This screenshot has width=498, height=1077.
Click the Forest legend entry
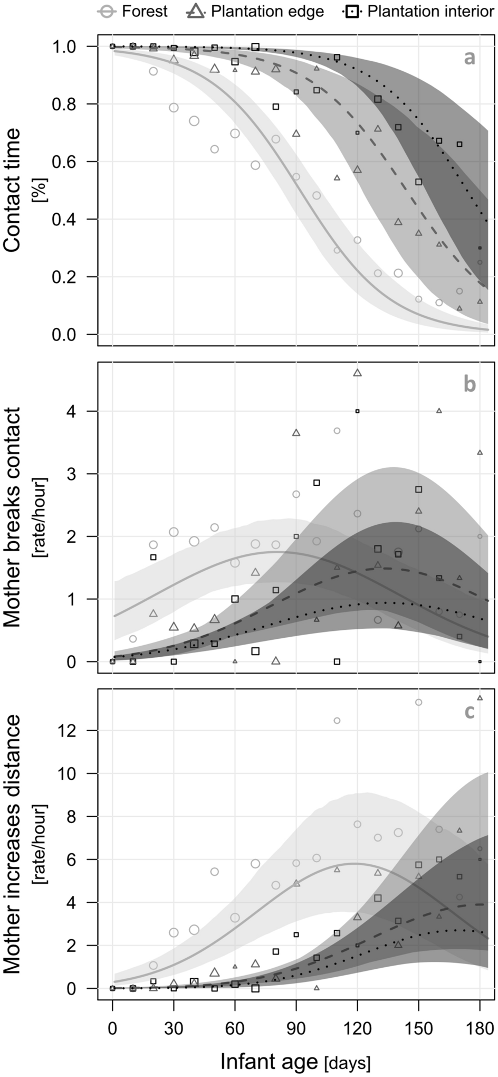pyautogui.click(x=133, y=12)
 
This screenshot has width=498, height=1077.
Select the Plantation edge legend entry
pyautogui.click(x=256, y=12)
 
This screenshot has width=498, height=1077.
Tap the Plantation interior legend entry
pyautogui.click(x=418, y=12)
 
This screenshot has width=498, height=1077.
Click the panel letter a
pyautogui.click(x=469, y=58)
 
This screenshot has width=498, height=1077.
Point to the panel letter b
pyautogui.click(x=470, y=384)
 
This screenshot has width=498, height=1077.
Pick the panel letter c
pyautogui.click(x=469, y=712)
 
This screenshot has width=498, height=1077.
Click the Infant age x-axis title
pyautogui.click(x=295, y=1061)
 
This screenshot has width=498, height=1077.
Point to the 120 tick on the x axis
pyautogui.click(x=357, y=1027)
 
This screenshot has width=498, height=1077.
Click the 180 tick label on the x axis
pyautogui.click(x=480, y=1027)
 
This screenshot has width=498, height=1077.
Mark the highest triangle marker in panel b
pyautogui.click(x=357, y=373)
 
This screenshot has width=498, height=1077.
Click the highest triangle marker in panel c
pyautogui.click(x=480, y=697)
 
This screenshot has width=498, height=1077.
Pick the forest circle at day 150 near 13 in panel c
pyautogui.click(x=418, y=702)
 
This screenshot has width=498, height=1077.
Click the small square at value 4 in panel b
pyautogui.click(x=357, y=411)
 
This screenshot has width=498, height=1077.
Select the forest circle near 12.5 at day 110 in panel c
pyautogui.click(x=337, y=721)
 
